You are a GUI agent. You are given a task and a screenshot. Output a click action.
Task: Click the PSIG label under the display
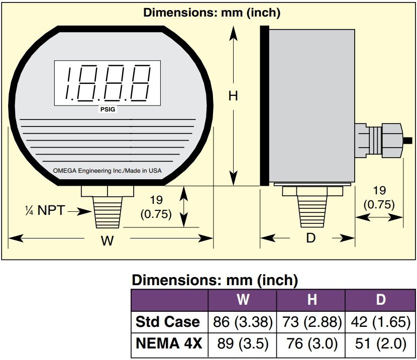tap(108, 109)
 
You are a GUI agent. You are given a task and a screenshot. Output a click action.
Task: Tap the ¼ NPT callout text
tap(45, 210)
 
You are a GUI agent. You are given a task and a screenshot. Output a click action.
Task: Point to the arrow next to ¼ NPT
tap(79, 211)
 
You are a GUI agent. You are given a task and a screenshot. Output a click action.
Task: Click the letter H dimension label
tap(233, 96)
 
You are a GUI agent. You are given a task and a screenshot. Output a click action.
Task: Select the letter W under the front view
tap(107, 241)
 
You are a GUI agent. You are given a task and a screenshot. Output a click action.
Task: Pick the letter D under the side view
tap(310, 238)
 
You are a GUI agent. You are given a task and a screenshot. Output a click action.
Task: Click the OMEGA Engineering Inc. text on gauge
tap(107, 171)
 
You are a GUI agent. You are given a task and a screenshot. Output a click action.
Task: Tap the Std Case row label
tap(167, 322)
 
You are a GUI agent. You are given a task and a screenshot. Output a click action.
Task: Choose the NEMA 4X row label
tap(169, 343)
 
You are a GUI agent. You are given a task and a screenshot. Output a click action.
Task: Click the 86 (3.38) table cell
tap(243, 322)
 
